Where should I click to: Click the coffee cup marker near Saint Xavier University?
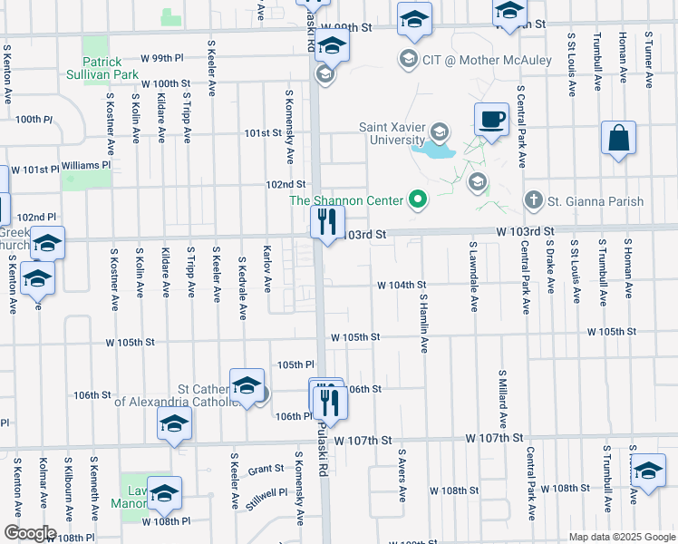click(x=491, y=120)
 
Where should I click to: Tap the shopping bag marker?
click(x=618, y=139)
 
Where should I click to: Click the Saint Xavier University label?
click(x=392, y=133)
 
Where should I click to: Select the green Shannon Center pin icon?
click(x=418, y=198)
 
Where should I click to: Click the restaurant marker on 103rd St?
click(x=325, y=221)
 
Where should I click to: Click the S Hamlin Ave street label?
click(x=423, y=322)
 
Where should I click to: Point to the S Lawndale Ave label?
click(x=473, y=275)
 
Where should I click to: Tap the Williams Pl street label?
click(x=85, y=166)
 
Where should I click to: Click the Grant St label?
click(x=266, y=470)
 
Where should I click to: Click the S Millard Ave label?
click(x=501, y=398)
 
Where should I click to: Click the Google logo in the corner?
click(x=29, y=532)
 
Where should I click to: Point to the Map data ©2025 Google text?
click(x=621, y=537)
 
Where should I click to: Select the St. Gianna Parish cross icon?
click(x=534, y=200)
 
